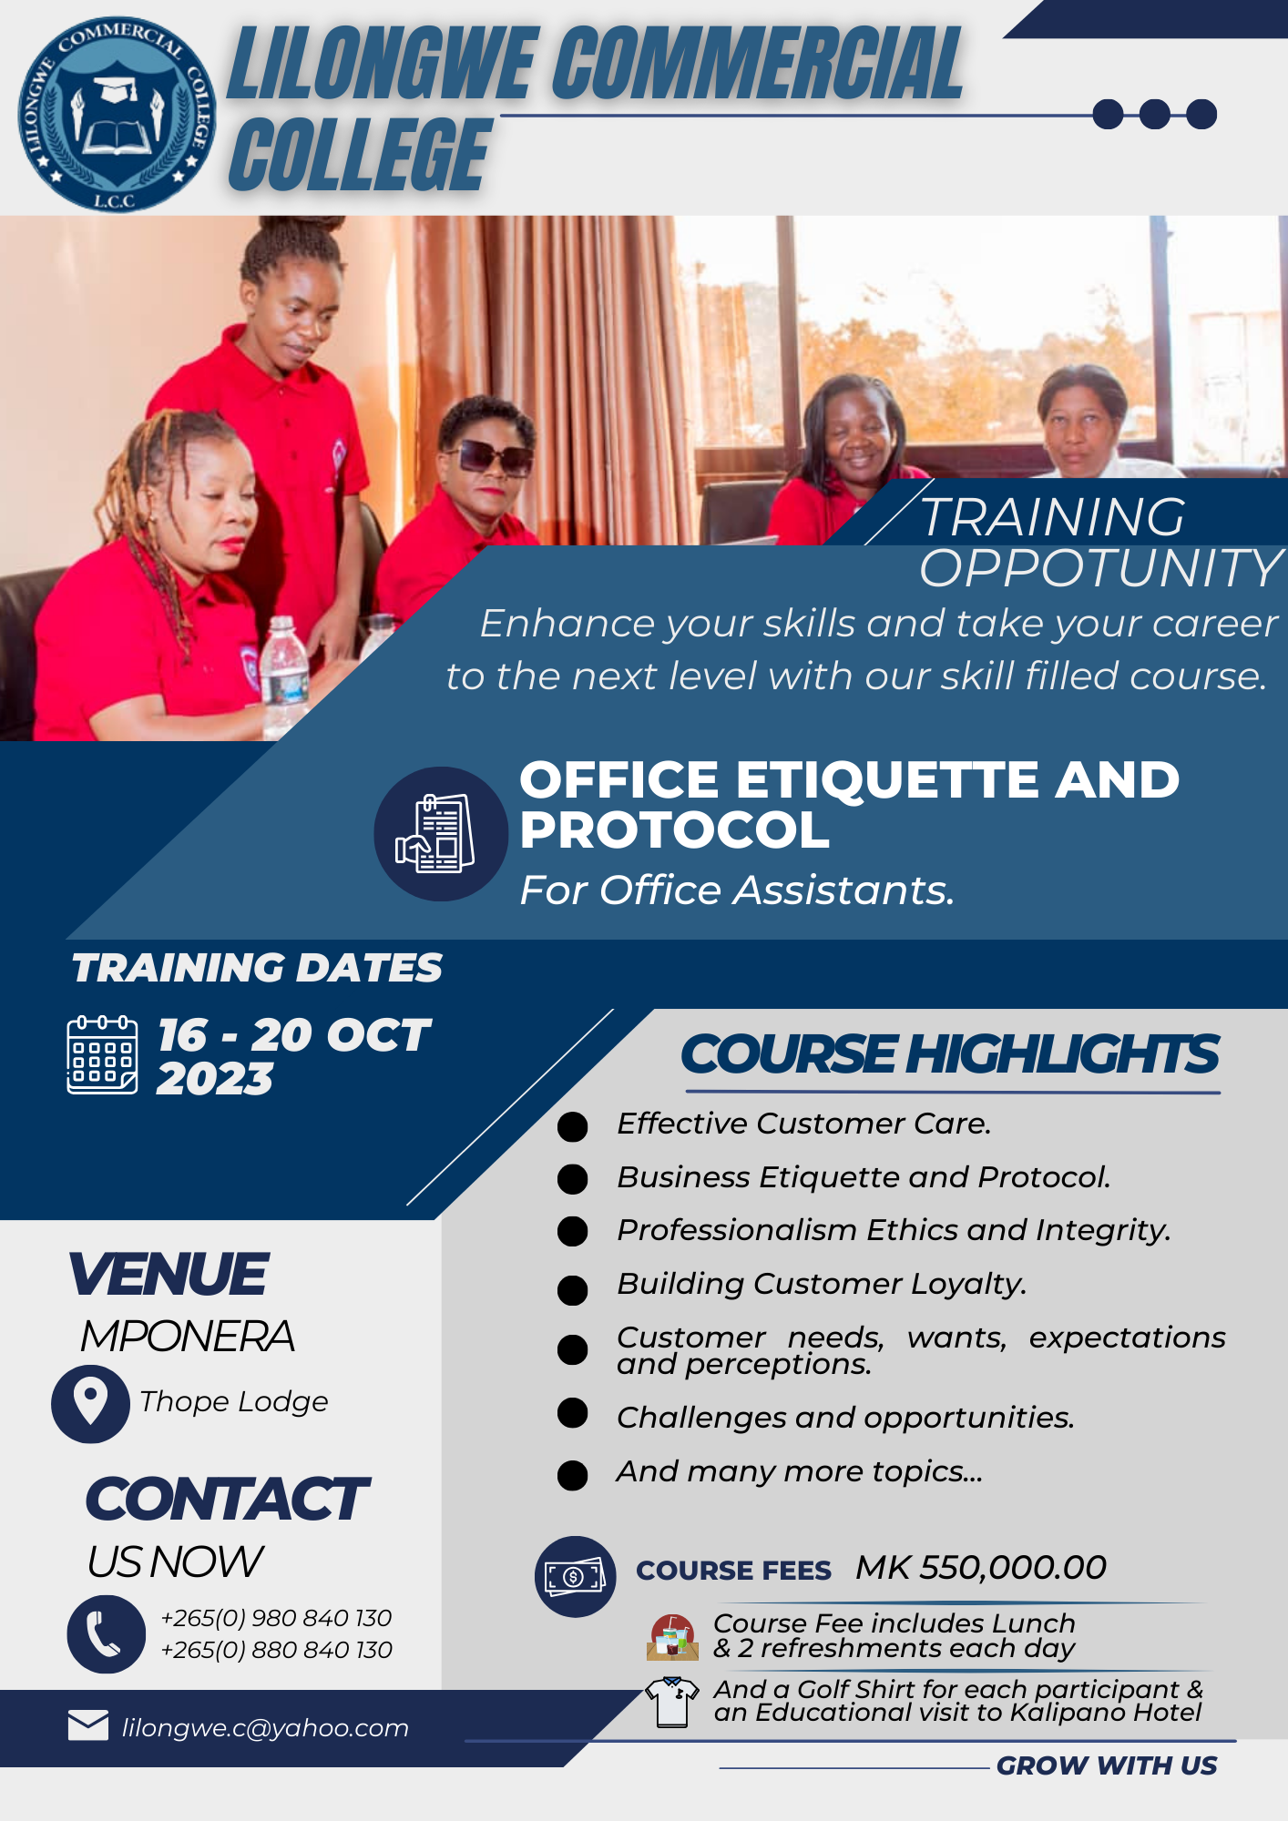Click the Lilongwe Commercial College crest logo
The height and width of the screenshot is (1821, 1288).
(x=117, y=115)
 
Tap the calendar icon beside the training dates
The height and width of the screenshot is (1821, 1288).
(x=102, y=1054)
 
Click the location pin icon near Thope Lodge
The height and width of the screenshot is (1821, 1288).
(x=90, y=1403)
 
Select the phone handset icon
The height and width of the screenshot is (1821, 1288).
(x=106, y=1634)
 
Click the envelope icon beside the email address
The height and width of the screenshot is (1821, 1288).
(x=88, y=1724)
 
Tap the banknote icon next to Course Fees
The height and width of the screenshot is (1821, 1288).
(x=575, y=1576)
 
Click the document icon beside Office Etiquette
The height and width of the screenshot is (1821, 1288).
(x=441, y=834)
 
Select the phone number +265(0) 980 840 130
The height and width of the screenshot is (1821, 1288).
(x=276, y=1618)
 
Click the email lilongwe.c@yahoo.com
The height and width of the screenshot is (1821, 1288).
(x=265, y=1727)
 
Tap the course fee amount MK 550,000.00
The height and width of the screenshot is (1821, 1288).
(x=981, y=1567)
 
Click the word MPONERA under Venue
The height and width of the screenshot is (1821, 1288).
(x=188, y=1337)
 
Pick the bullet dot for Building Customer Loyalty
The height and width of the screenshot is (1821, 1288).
(x=572, y=1289)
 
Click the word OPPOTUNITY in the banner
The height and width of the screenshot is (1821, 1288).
(x=1100, y=569)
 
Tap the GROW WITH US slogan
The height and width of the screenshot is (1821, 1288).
(x=1107, y=1765)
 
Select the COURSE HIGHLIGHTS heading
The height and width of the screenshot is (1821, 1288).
(x=949, y=1054)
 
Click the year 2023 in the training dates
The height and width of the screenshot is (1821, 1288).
(x=215, y=1080)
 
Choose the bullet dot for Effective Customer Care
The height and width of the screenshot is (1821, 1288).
(x=572, y=1126)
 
